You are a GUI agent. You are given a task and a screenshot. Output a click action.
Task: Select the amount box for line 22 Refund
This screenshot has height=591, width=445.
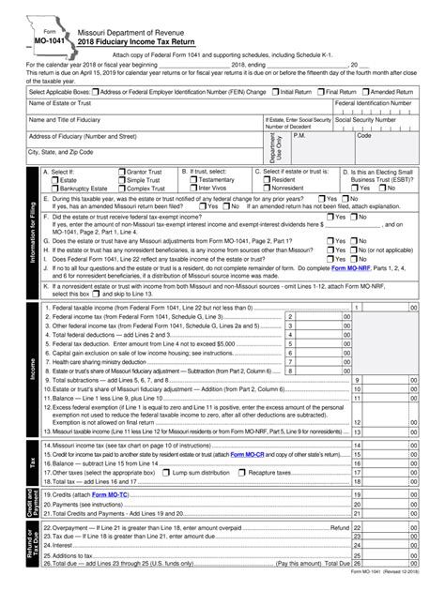point(391,528)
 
